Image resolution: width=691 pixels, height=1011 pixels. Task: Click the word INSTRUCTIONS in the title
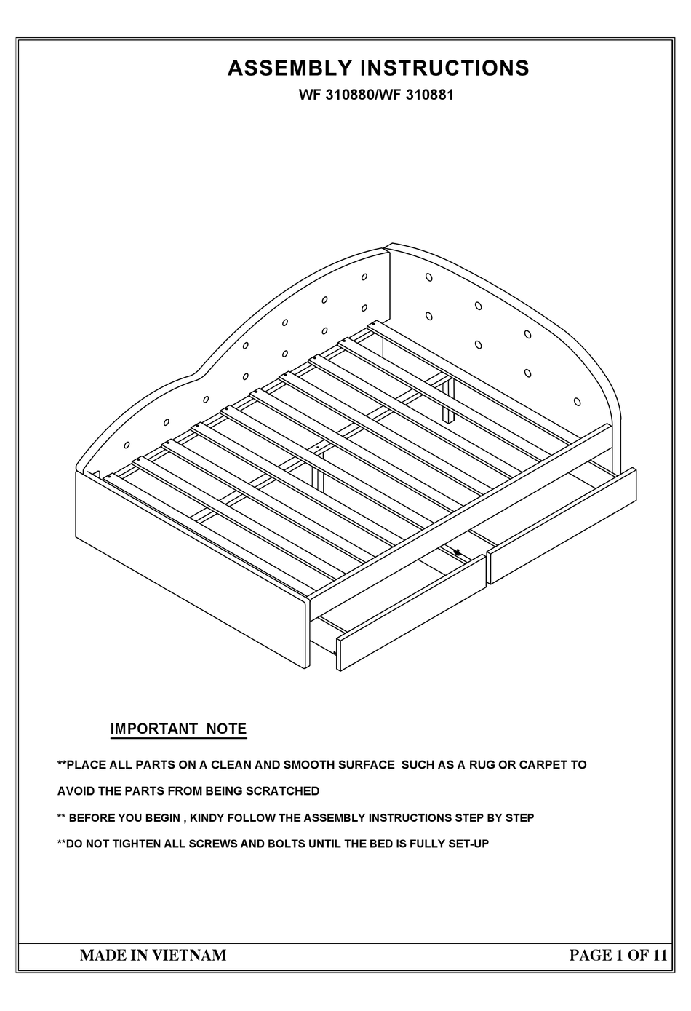(444, 68)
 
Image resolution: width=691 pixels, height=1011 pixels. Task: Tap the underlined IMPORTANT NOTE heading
(178, 729)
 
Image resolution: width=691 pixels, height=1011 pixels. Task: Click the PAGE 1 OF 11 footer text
(618, 955)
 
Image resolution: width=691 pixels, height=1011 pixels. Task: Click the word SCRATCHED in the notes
(282, 790)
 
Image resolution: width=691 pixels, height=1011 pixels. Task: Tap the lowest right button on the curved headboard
(577, 401)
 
